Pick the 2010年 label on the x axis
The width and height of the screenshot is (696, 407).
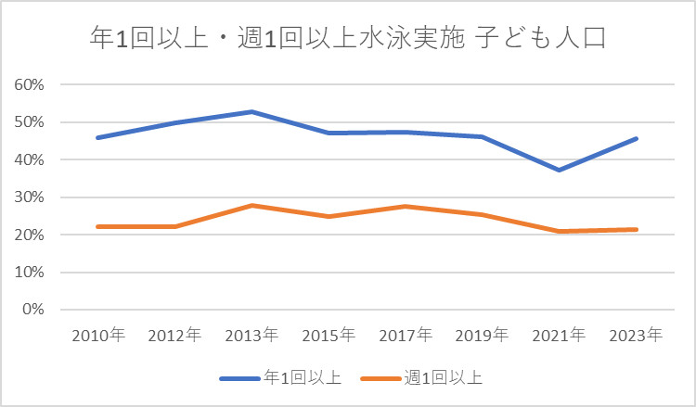(x=97, y=335)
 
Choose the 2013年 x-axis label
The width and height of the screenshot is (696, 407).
(x=251, y=335)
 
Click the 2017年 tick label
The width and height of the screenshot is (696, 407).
(x=406, y=335)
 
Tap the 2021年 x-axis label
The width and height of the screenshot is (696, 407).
(x=560, y=335)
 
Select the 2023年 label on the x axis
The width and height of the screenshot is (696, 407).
(x=637, y=335)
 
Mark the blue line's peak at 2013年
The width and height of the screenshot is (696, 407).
(x=251, y=111)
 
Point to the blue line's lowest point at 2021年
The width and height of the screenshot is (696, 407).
(x=560, y=170)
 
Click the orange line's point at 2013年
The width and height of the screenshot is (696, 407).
(x=251, y=205)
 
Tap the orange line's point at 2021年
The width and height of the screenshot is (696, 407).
(x=560, y=231)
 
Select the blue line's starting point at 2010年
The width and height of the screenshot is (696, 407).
(x=97, y=137)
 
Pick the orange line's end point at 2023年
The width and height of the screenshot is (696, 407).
(x=637, y=229)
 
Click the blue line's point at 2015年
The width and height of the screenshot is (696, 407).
(x=329, y=133)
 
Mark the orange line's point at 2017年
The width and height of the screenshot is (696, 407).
(x=406, y=206)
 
